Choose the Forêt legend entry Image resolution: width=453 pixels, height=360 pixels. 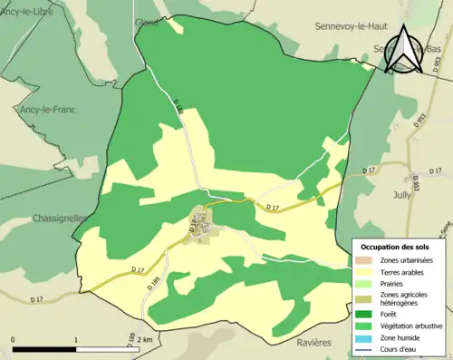pos(391,314)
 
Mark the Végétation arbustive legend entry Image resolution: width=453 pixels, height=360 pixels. pos(410,326)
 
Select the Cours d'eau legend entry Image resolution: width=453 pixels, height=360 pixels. pos(400,348)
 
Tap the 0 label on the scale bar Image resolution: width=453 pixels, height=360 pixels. pos(14,340)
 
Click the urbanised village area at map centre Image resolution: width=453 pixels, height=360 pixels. pos(201,222)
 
